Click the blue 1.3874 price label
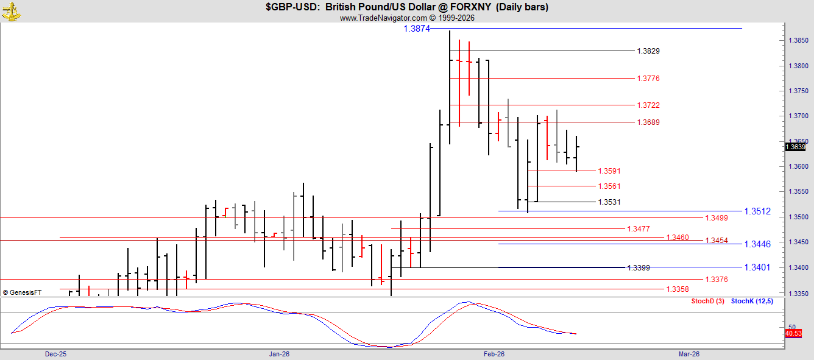point(417,29)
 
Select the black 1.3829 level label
point(648,51)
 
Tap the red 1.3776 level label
point(648,79)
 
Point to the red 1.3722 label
point(648,105)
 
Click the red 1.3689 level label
point(648,122)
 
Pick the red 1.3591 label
point(609,171)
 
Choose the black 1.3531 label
point(609,202)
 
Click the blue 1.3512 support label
point(757,211)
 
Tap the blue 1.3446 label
point(757,244)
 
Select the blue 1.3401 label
point(757,267)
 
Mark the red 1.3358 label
point(678,289)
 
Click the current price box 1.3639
point(796,147)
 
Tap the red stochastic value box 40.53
point(793,333)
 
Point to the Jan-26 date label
point(279,354)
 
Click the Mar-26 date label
point(689,354)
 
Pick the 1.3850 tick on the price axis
point(798,41)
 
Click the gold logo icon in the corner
point(11,11)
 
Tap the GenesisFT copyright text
point(22,292)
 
